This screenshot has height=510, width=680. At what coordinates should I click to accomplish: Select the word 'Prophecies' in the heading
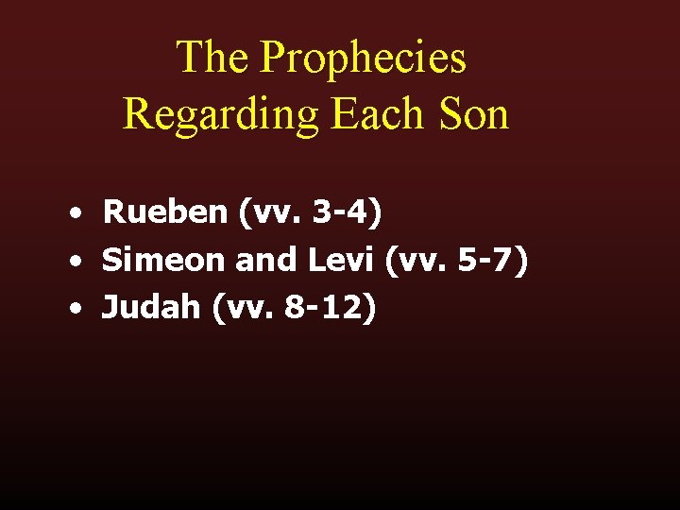click(x=363, y=59)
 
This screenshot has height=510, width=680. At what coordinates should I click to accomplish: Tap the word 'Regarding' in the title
click(x=222, y=115)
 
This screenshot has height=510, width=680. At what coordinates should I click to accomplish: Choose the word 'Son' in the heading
click(x=477, y=114)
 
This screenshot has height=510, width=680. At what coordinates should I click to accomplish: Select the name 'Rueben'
click(x=165, y=212)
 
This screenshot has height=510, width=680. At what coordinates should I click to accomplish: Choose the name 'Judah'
click(x=151, y=306)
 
